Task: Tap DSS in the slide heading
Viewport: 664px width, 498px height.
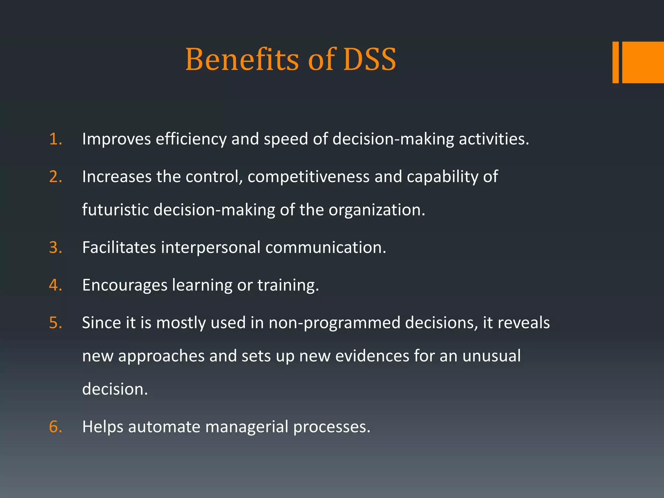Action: [x=370, y=59]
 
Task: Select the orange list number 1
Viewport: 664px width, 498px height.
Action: [x=55, y=139]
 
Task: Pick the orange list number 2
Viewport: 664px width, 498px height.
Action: [x=55, y=177]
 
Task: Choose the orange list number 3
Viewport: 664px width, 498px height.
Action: [x=55, y=248]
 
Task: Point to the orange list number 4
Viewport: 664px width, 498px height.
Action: [x=55, y=285]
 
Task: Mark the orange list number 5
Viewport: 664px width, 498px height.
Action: [x=55, y=323]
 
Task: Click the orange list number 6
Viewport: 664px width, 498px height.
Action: [x=55, y=427]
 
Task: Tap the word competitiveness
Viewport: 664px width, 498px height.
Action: [x=308, y=177]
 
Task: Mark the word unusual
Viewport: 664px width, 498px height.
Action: [x=492, y=356]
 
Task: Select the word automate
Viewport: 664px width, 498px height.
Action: [x=164, y=427]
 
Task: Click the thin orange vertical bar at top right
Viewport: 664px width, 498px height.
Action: [x=615, y=62]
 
